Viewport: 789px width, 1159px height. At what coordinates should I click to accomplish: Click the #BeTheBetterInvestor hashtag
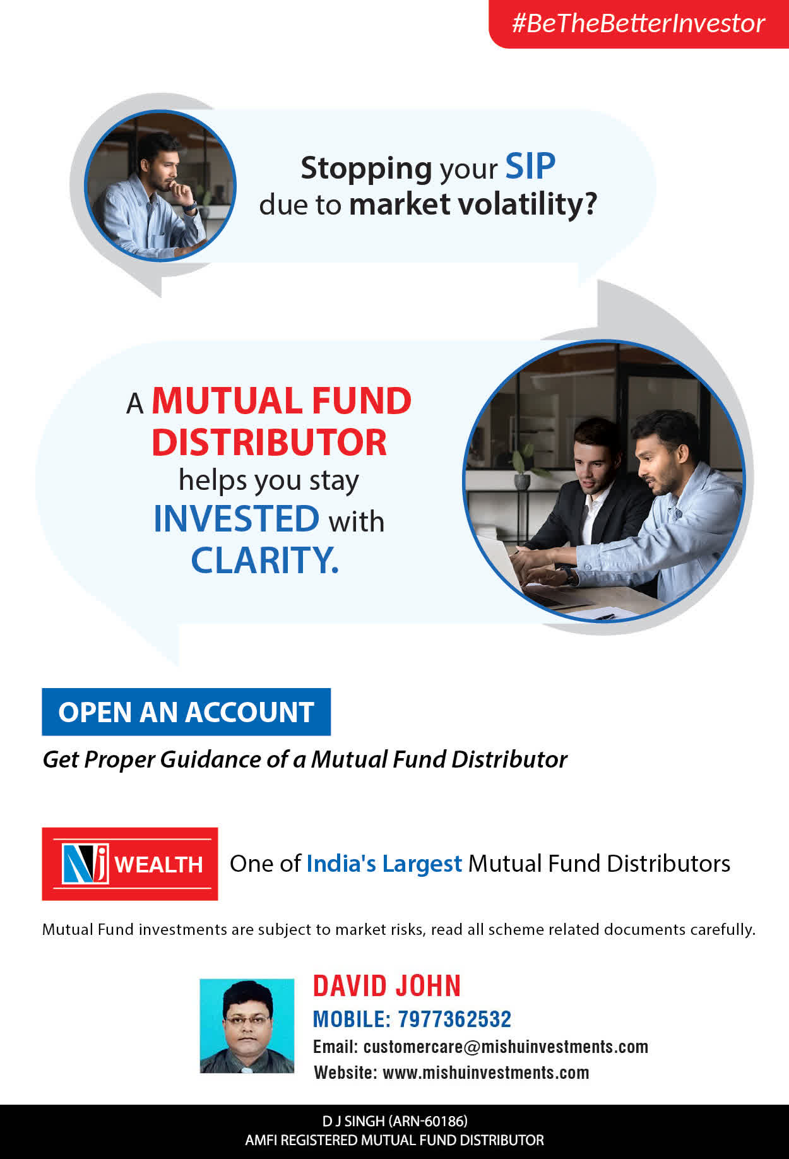[x=638, y=23]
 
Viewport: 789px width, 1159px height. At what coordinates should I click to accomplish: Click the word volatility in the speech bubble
[x=527, y=204]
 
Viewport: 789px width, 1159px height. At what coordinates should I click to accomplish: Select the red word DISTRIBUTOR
[x=269, y=442]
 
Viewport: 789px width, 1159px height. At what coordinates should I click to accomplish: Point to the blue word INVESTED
[x=237, y=519]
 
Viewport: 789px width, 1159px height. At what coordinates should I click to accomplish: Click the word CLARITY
[x=265, y=560]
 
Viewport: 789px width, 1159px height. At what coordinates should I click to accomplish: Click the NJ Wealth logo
[x=130, y=864]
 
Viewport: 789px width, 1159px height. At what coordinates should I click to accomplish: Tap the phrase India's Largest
[x=384, y=864]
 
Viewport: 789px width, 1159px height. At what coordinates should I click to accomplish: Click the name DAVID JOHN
[x=387, y=985]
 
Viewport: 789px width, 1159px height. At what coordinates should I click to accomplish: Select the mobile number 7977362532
[x=454, y=1019]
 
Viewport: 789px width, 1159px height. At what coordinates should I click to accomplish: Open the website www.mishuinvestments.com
[x=486, y=1073]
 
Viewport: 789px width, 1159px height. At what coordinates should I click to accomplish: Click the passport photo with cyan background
[x=247, y=1026]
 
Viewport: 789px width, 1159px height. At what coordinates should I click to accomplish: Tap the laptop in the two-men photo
[x=505, y=568]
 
